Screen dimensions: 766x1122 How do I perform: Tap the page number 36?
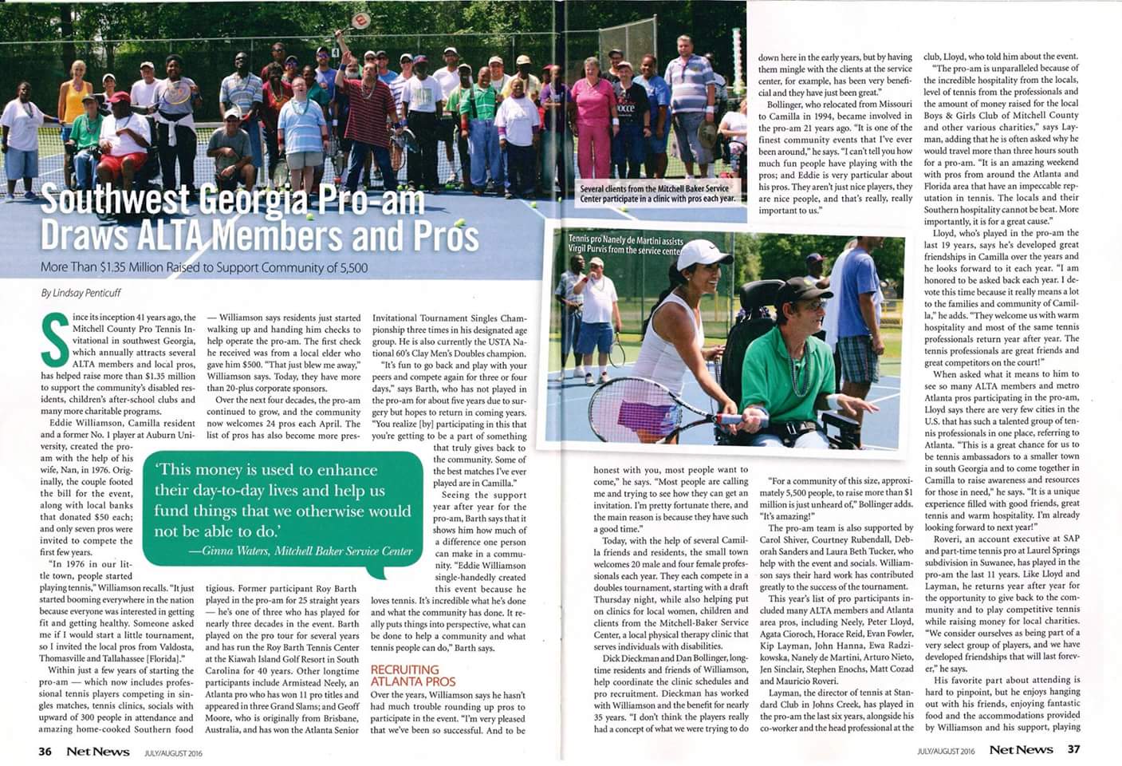[45, 750]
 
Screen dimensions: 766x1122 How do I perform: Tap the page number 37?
[1073, 749]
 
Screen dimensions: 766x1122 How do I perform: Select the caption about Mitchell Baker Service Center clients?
[657, 194]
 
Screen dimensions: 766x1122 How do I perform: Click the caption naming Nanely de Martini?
[625, 244]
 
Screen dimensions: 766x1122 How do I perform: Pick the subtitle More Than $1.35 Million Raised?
[204, 267]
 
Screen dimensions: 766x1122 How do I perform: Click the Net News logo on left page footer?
[97, 750]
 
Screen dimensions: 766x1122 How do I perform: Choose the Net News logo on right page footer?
[1021, 749]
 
